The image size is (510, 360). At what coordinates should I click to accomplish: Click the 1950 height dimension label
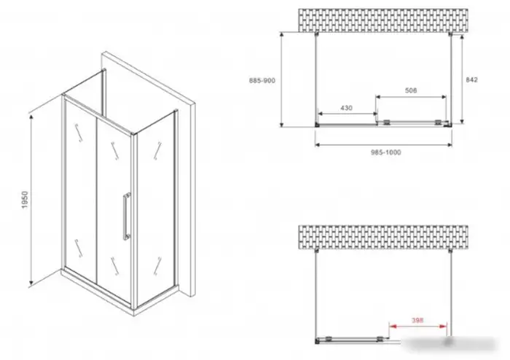25,200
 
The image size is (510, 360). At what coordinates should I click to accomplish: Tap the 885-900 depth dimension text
262,81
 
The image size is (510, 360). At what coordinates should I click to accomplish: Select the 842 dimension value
471,79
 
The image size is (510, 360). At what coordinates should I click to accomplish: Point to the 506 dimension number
411,90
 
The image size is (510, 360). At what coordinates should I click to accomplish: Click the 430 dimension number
346,108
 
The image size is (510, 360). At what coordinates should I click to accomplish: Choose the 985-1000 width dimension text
386,152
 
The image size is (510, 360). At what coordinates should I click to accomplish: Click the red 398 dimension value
417,320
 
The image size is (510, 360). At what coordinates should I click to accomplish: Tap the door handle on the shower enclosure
127,216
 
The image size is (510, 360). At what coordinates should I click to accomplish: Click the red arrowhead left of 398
393,326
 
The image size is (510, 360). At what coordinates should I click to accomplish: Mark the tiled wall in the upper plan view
383,20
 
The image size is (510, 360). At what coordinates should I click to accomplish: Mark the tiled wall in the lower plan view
383,238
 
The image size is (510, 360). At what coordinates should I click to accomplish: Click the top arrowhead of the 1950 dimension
31,118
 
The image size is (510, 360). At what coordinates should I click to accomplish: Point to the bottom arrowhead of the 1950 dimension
31,284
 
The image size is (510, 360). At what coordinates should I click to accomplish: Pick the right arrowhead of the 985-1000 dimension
449,144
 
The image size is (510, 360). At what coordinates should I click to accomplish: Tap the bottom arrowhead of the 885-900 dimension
283,123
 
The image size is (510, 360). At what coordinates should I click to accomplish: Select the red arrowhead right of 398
443,326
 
